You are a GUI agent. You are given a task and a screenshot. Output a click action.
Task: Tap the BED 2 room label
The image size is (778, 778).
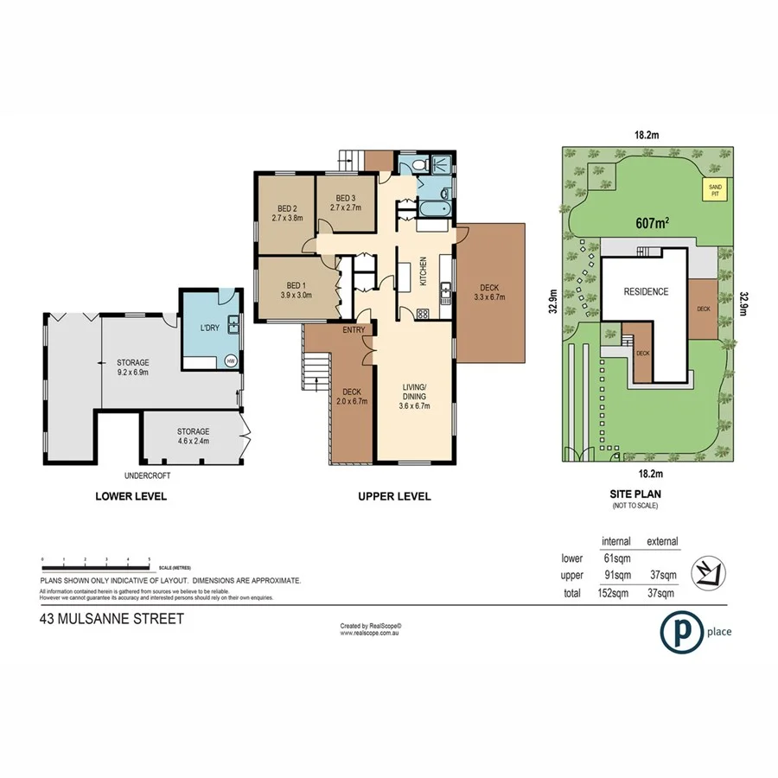(x=288, y=214)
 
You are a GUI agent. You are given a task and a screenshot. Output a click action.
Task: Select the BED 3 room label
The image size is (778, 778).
(x=346, y=202)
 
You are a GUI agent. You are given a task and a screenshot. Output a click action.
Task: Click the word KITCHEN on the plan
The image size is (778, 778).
(x=424, y=271)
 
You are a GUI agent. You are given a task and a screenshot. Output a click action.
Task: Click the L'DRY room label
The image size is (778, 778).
(x=209, y=329)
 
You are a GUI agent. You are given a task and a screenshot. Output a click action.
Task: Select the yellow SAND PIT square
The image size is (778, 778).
(x=714, y=190)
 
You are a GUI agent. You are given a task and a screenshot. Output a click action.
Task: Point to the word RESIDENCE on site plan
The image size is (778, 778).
(x=647, y=292)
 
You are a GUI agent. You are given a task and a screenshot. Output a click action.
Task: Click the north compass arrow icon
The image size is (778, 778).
(x=713, y=572)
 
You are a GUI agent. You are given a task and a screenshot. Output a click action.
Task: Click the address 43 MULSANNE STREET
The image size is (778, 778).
(x=112, y=619)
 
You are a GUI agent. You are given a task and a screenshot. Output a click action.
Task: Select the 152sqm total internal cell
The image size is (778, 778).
(x=615, y=593)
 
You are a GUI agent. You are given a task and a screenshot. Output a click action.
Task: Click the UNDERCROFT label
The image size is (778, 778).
(x=145, y=475)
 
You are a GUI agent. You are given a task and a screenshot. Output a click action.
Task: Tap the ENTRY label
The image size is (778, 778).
(x=354, y=330)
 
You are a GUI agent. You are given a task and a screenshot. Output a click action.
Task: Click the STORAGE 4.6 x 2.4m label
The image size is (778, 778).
(x=193, y=437)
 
